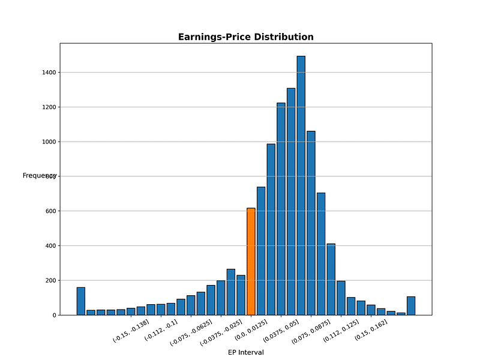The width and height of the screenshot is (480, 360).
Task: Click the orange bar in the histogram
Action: click(x=251, y=262)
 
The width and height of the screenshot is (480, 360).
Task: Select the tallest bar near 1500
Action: click(x=301, y=185)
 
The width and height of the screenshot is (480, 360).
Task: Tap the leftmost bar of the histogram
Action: click(x=81, y=301)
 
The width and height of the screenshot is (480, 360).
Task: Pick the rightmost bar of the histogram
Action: click(x=411, y=306)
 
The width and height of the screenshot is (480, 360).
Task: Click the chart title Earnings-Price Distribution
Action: click(x=245, y=37)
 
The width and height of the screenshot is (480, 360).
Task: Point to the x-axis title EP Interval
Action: click(x=245, y=352)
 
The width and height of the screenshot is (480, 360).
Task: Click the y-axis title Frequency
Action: click(x=37, y=175)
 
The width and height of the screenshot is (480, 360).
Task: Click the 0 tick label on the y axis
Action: click(x=54, y=315)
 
